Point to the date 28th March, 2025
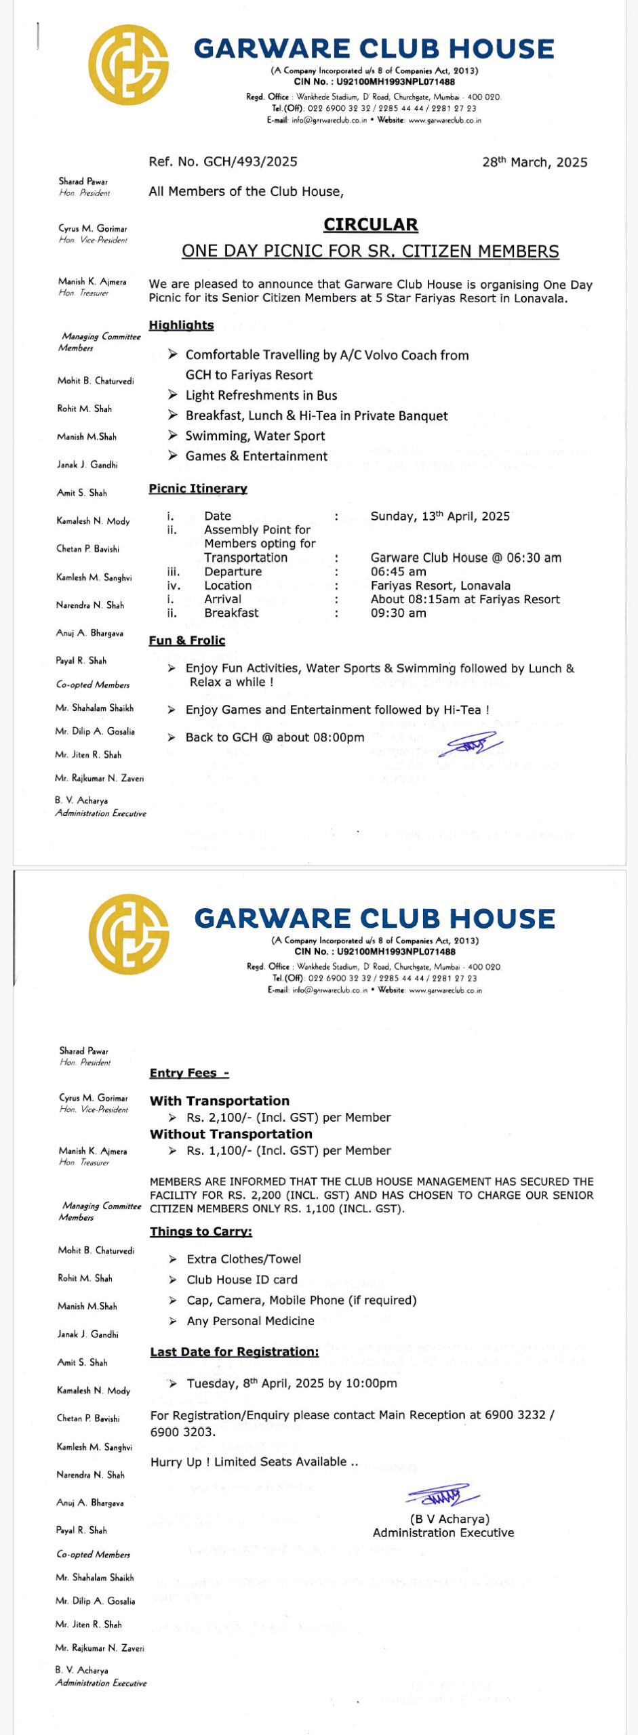coord(534,162)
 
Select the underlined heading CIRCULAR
coord(370,224)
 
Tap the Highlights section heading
coord(181,325)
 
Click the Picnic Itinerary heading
coord(198,489)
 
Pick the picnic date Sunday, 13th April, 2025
coord(440,516)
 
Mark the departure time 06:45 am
coord(398,572)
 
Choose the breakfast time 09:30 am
coord(398,613)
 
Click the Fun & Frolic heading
coord(187,640)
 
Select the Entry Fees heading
coord(189,1073)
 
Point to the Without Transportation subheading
coord(231,1134)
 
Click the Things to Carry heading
coord(201,1231)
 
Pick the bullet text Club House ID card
coord(242,1280)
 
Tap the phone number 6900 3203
coord(182,1432)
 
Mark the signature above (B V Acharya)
coord(443,1495)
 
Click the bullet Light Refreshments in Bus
coord(261,396)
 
